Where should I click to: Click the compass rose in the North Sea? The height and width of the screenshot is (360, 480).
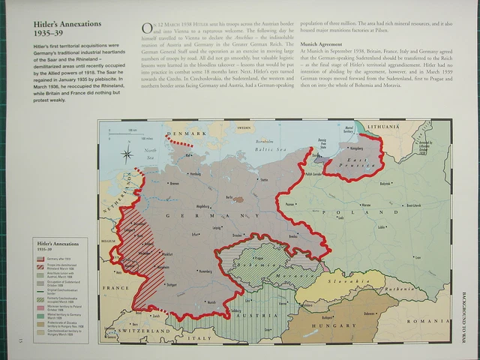point(127,155)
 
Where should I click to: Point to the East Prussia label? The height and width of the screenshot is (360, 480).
point(351,160)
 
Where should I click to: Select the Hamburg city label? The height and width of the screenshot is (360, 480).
point(196,174)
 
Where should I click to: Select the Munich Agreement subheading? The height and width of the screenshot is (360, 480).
point(321,44)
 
